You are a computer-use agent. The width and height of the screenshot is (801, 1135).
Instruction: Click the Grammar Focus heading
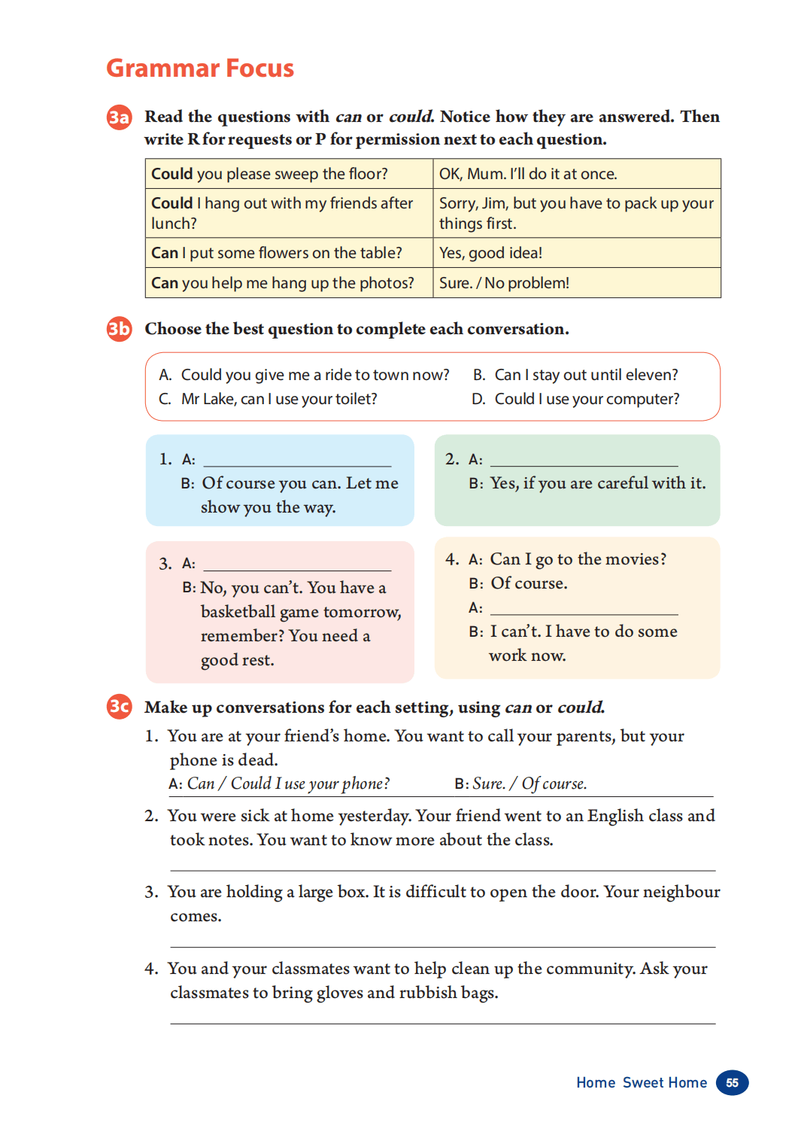(x=200, y=68)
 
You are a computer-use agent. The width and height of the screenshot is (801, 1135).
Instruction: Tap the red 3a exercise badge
(x=119, y=117)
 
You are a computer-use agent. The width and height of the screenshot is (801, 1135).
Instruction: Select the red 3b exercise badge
(x=119, y=329)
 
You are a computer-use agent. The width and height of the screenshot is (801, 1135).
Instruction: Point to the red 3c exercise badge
(x=119, y=706)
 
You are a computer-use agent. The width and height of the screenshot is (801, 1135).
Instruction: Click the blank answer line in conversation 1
(x=297, y=461)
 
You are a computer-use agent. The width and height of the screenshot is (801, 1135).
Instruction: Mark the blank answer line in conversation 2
(x=584, y=461)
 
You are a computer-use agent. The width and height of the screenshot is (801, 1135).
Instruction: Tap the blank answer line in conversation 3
(x=297, y=565)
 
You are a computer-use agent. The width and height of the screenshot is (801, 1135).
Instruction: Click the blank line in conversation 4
(x=584, y=610)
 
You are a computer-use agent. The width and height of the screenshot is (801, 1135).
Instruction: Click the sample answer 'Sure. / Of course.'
(x=529, y=784)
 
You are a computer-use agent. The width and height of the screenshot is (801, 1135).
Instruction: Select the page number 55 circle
(x=732, y=1082)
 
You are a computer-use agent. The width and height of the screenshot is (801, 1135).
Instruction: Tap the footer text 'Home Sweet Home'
(x=642, y=1082)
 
